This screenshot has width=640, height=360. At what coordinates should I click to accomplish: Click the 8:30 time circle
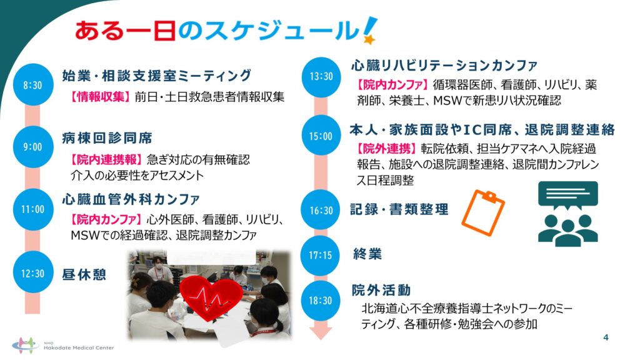coord(32,85)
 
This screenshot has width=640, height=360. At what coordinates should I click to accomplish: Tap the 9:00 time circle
coord(32,147)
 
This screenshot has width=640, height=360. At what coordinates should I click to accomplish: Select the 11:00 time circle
coord(32,209)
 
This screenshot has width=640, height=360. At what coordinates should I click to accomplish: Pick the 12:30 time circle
coord(32,272)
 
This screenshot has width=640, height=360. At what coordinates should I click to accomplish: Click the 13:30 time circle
coord(321,76)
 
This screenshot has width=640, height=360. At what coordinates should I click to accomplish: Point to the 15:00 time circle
coord(321,136)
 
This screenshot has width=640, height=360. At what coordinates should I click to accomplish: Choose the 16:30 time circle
coord(321,210)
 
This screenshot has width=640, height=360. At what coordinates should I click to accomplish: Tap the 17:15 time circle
coord(321,256)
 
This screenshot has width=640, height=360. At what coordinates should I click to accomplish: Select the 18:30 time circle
coord(321,301)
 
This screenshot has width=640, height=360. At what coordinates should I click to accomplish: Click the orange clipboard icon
coord(483,212)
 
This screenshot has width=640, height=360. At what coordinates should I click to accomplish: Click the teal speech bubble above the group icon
coord(567,196)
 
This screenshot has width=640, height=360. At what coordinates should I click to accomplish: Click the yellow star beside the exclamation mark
coord(369,39)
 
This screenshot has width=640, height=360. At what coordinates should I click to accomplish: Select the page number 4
coord(606,337)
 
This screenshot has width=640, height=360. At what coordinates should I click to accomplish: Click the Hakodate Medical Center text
coord(79,347)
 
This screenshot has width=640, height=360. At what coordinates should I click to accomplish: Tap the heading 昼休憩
coord(84,274)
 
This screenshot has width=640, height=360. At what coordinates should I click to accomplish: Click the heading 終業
coord(367,254)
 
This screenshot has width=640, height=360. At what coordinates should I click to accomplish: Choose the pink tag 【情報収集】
coord(100,97)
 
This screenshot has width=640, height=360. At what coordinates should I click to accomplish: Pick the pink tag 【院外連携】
coord(386,149)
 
